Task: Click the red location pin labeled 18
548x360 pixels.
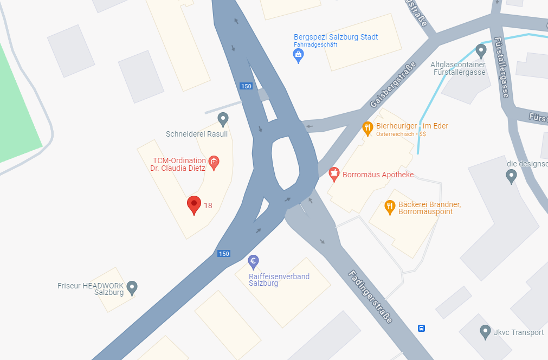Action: tap(194, 205)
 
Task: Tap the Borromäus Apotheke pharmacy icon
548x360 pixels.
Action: tap(334, 174)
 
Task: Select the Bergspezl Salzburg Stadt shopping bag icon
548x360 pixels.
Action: tap(298, 55)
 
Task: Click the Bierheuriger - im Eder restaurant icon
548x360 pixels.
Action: tap(368, 128)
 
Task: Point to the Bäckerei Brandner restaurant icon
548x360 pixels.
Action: tap(389, 206)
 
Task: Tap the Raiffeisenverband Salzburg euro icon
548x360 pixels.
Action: tap(253, 262)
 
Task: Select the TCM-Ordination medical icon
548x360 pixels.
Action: tap(214, 162)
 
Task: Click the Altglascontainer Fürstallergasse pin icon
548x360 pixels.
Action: tap(481, 51)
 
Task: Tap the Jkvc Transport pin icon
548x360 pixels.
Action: tap(486, 331)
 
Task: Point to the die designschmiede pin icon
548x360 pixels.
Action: tap(511, 176)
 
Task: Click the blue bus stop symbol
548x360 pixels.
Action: tap(421, 328)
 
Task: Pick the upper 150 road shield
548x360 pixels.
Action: tap(246, 86)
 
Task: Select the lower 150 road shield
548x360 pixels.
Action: tap(223, 253)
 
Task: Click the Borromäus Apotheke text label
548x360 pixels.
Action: tap(378, 175)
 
